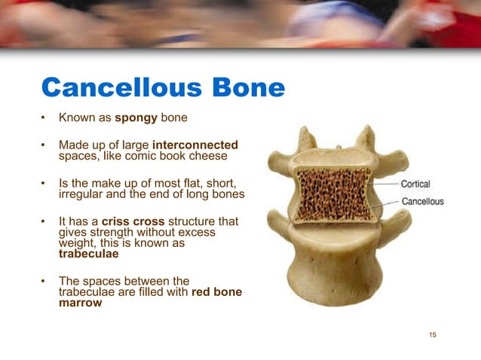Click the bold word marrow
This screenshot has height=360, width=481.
point(80,304)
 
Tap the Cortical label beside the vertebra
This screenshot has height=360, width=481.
point(415,184)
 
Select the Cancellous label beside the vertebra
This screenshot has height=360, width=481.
point(422,201)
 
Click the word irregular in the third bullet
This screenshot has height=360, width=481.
point(80,196)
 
